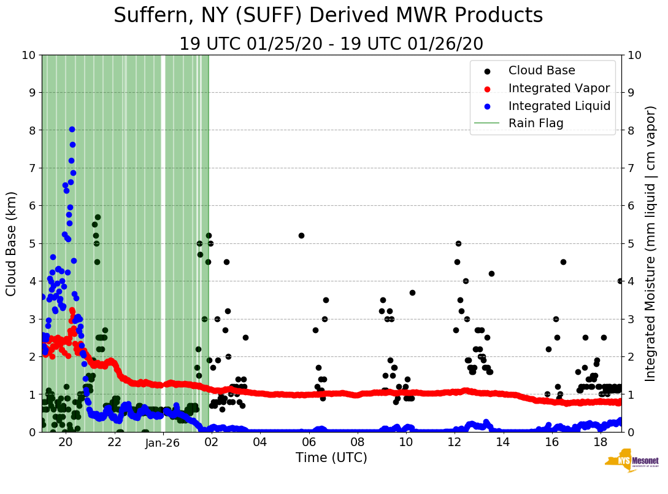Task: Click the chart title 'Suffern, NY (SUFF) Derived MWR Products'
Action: click(x=328, y=16)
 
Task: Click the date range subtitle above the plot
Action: click(x=331, y=44)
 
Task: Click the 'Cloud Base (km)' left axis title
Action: click(x=12, y=243)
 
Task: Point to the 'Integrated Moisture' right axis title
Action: click(x=651, y=243)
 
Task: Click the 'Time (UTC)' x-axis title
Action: click(x=331, y=458)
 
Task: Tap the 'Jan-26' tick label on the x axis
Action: click(x=163, y=443)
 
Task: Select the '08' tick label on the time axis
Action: click(x=357, y=443)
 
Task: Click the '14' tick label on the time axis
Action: click(x=503, y=443)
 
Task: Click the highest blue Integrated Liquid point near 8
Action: click(x=72, y=129)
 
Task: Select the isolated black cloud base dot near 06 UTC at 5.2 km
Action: click(x=301, y=235)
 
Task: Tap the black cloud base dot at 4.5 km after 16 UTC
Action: click(x=563, y=262)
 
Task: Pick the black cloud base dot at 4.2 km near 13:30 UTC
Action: click(x=491, y=273)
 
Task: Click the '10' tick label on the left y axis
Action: click(x=27, y=55)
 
